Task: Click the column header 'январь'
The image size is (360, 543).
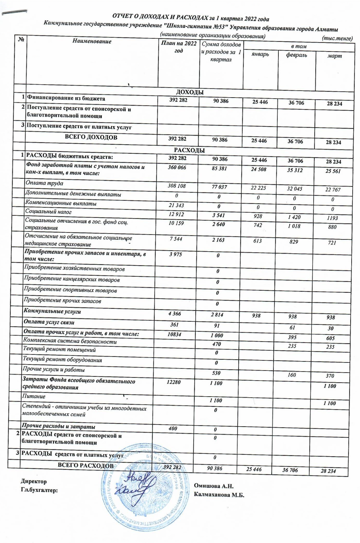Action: tap(260, 54)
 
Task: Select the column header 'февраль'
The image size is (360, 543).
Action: tap(297, 55)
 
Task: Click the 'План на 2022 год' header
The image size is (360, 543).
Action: tap(179, 47)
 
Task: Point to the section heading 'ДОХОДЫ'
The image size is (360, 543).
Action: tap(189, 92)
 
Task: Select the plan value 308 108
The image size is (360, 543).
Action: tap(178, 186)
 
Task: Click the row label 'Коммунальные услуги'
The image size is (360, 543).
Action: tap(52, 311)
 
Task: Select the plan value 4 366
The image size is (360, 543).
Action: tap(175, 314)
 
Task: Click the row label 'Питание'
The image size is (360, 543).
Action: tap(34, 396)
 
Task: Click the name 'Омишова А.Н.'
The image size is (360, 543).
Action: tap(213, 486)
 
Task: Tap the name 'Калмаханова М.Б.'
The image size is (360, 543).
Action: tap(219, 495)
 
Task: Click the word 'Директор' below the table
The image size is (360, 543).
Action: tap(33, 481)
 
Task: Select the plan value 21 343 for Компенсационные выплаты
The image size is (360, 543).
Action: tap(176, 205)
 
